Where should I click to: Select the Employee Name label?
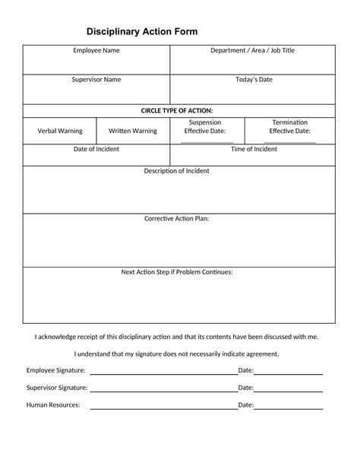[96, 50]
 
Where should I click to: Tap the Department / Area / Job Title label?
[252, 50]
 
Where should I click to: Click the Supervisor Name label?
[96, 79]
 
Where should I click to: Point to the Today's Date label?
[254, 79]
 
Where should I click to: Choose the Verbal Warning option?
[60, 131]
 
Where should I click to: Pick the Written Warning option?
[132, 131]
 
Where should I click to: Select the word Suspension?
[205, 122]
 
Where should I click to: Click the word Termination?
[289, 122]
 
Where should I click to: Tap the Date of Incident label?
[96, 149]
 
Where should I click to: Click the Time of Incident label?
[254, 149]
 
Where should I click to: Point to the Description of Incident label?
[176, 171]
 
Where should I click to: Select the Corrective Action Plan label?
[176, 219]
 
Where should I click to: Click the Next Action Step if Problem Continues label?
[177, 271]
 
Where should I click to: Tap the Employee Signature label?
[56, 370]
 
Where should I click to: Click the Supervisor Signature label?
[57, 388]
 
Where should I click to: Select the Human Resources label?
[53, 405]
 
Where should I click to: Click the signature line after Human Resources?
[163, 408]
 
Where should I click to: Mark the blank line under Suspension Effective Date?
[207, 142]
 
